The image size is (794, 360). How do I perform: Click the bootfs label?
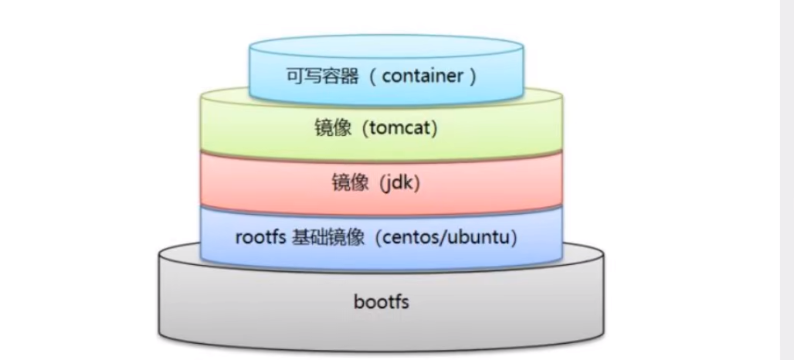tap(381, 301)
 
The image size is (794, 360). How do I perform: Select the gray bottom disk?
tap(232, 309)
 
